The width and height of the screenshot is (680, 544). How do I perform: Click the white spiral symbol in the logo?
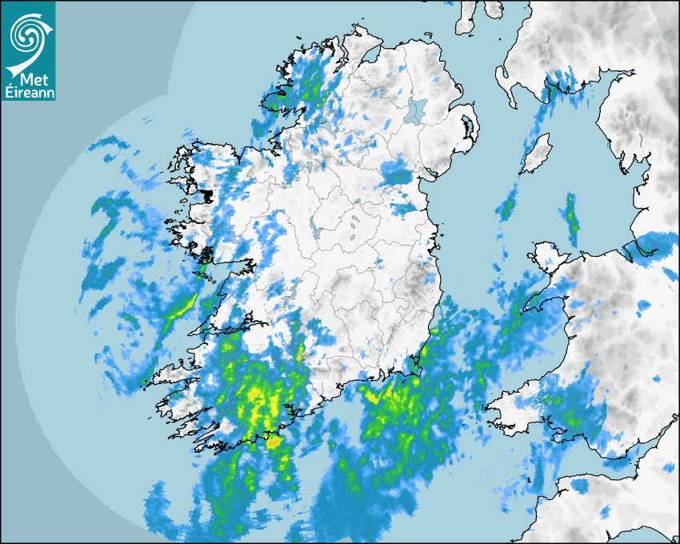[x=27, y=34]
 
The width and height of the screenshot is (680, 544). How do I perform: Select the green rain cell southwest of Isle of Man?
[x=506, y=210]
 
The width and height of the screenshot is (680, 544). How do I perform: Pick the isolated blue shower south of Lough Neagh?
[x=396, y=172]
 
